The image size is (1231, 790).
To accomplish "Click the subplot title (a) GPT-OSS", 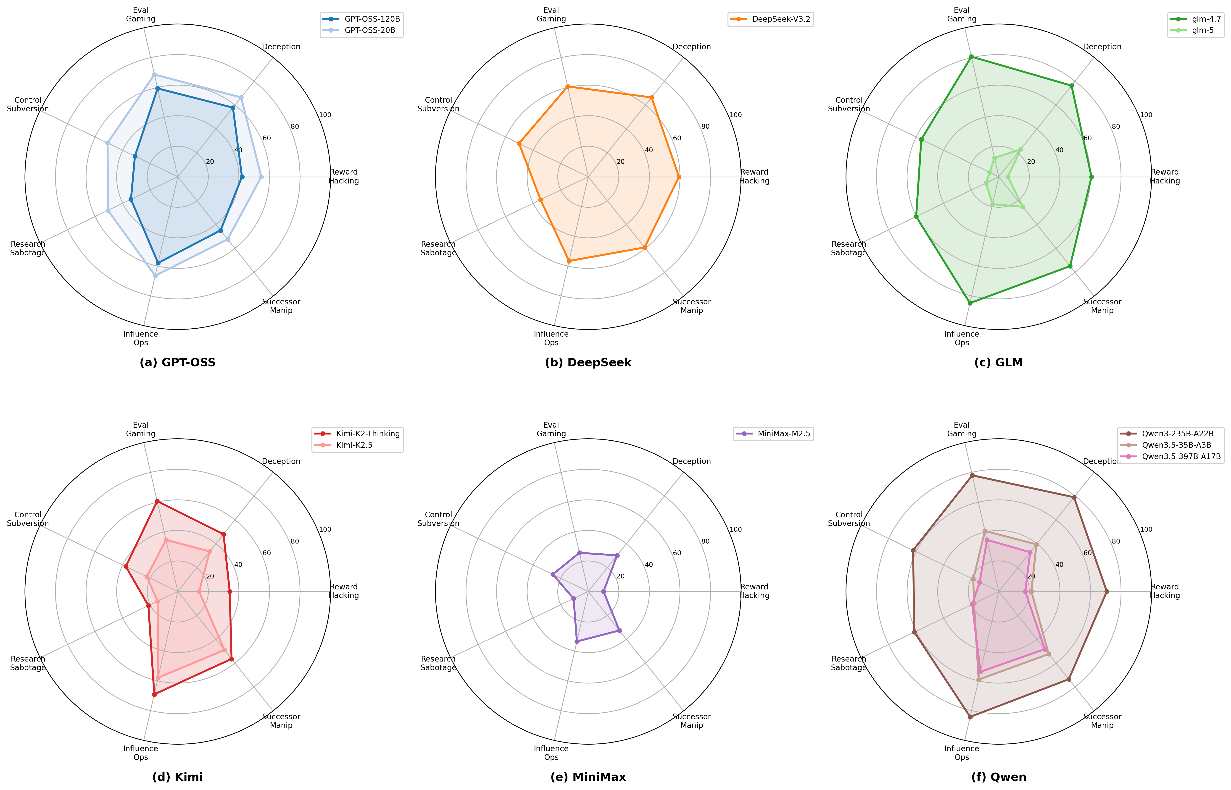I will (x=178, y=363).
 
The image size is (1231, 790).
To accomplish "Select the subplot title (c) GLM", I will (x=999, y=363).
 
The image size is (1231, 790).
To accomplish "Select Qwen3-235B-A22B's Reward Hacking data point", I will (x=1106, y=591).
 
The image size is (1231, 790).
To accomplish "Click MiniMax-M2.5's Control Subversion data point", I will (x=553, y=575).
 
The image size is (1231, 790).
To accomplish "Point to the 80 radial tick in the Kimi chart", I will (x=295, y=541).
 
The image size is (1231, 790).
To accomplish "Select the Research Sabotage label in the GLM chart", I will (x=849, y=248).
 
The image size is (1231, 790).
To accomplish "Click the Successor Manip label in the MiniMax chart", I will (x=691, y=721).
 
